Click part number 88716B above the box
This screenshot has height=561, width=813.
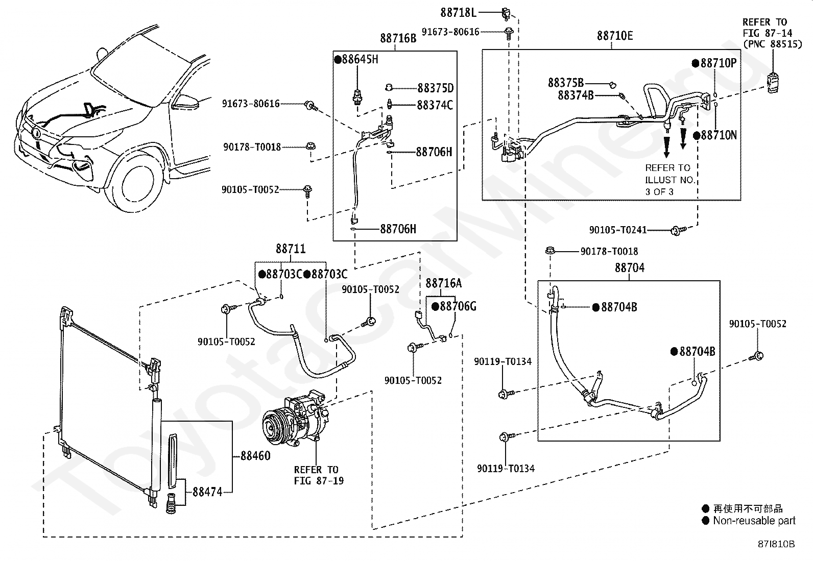pyautogui.click(x=398, y=38)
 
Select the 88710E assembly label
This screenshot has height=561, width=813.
pyautogui.click(x=615, y=36)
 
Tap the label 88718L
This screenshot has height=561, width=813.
pyautogui.click(x=458, y=13)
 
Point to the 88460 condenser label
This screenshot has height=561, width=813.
pyautogui.click(x=255, y=456)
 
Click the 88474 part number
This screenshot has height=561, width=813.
pyautogui.click(x=207, y=492)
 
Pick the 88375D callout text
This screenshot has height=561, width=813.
pyautogui.click(x=436, y=88)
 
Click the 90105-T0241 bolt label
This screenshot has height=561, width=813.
pyautogui.click(x=618, y=230)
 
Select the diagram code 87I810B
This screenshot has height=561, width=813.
pyautogui.click(x=776, y=544)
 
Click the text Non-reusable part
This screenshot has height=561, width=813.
pyautogui.click(x=754, y=521)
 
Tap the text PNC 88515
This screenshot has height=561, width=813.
pyautogui.click(x=773, y=44)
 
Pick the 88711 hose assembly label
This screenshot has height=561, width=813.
pyautogui.click(x=291, y=249)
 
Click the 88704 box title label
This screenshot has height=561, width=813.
pyautogui.click(x=630, y=268)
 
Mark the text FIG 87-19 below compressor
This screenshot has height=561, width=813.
pyautogui.click(x=319, y=481)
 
